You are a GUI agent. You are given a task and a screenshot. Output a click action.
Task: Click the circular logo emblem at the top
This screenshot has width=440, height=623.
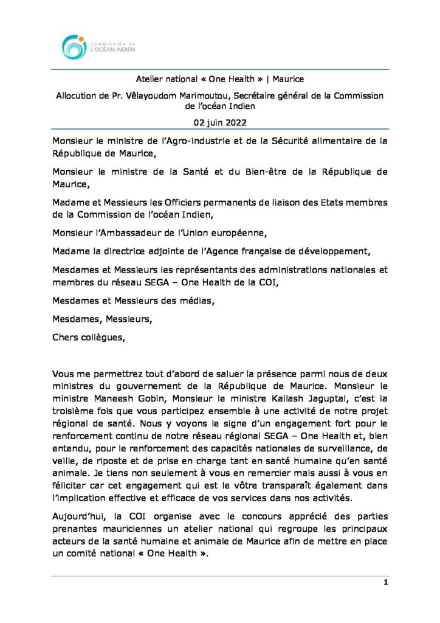[x=74, y=47]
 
